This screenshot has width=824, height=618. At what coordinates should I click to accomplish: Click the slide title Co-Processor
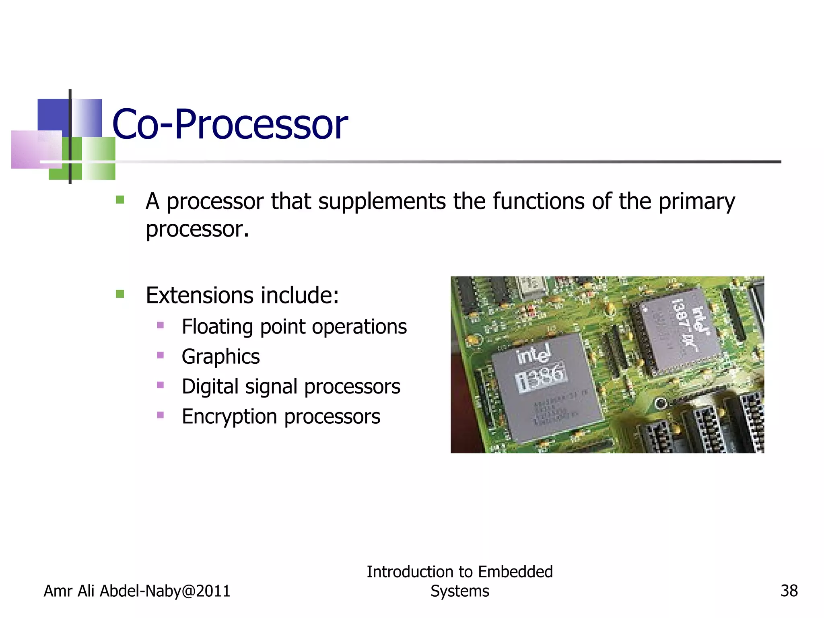coord(230,124)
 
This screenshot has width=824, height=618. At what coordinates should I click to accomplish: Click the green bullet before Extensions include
coord(120,294)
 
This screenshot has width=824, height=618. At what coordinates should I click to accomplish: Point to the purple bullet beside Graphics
coord(160,355)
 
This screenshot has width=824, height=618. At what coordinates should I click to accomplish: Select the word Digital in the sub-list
coord(210,386)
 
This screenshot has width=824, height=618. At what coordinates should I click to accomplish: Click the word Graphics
coord(220,356)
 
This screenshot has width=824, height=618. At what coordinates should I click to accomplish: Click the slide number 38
coord(789,591)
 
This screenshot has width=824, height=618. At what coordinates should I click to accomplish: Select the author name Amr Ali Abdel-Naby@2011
coord(137,591)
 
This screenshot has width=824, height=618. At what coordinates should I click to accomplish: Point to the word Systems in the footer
coord(459,591)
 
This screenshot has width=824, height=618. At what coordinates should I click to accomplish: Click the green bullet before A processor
coord(120,200)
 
